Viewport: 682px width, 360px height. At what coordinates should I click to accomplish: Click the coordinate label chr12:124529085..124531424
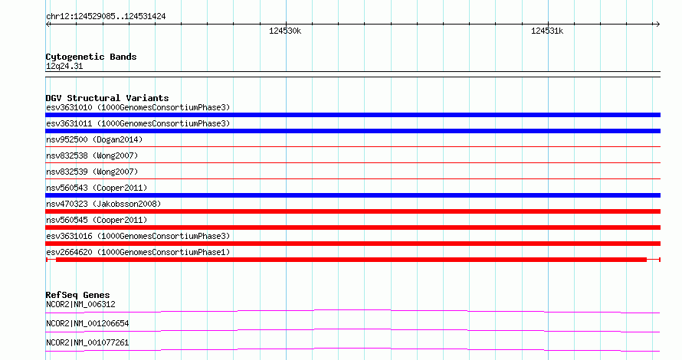(x=106, y=17)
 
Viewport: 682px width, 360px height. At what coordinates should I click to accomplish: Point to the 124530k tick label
(x=285, y=31)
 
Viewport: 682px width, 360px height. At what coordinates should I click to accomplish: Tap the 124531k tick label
(x=547, y=31)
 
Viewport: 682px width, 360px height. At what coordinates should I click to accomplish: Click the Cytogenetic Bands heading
(x=91, y=57)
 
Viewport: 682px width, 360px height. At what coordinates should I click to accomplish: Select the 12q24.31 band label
(x=64, y=66)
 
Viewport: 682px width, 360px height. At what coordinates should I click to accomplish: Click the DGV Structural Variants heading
(x=107, y=98)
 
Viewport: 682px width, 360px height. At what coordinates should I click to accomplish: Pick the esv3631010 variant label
(x=138, y=107)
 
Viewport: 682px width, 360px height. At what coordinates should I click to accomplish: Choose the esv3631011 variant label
(x=138, y=123)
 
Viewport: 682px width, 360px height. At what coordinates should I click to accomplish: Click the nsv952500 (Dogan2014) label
(x=94, y=139)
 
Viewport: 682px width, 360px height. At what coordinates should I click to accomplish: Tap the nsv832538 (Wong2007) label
(x=92, y=155)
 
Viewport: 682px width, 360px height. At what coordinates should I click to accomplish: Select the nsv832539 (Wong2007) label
(x=92, y=172)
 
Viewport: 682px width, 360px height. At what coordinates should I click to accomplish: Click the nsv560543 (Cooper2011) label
(x=97, y=188)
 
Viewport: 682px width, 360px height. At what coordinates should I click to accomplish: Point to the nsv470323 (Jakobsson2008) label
(x=103, y=204)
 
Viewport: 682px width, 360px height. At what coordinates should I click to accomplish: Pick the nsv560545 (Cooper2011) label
(x=97, y=220)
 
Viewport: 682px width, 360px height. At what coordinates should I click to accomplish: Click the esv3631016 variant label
(x=138, y=236)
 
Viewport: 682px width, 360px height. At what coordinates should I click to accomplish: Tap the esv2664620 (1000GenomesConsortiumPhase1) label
(x=138, y=252)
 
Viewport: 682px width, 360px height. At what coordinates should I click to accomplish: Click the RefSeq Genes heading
(x=77, y=295)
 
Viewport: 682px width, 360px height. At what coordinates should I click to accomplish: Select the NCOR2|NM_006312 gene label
(x=80, y=304)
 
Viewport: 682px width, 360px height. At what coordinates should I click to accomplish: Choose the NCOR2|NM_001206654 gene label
(x=87, y=323)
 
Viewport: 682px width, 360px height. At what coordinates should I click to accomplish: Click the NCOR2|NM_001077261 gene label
(x=87, y=342)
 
